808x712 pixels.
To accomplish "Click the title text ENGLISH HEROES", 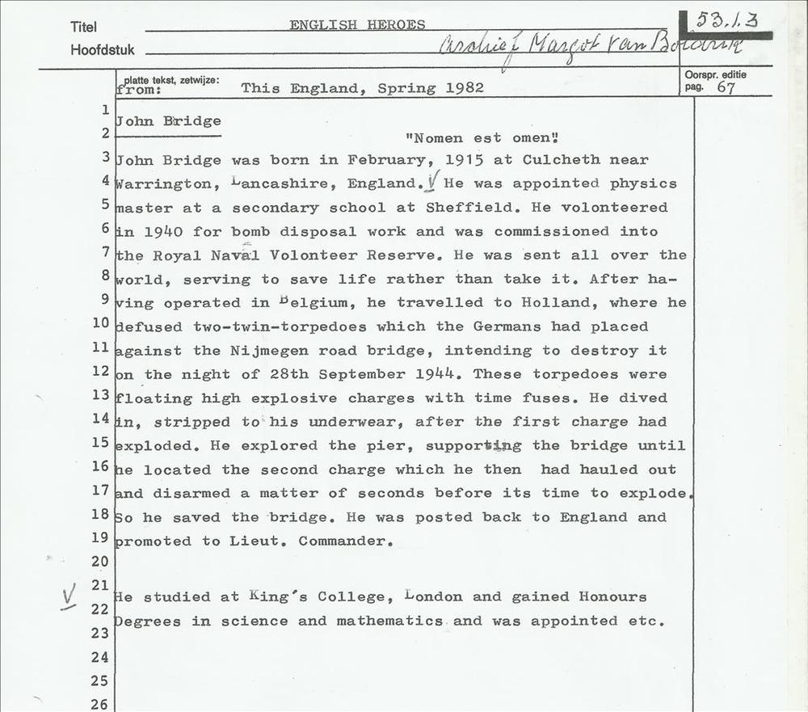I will pyautogui.click(x=357, y=25).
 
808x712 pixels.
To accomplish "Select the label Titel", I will pyautogui.click(x=83, y=27).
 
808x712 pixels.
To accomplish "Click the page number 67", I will pyautogui.click(x=726, y=88).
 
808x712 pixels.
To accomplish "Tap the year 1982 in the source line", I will pyautogui.click(x=465, y=88).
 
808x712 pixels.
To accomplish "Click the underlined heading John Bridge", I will pyautogui.click(x=168, y=121).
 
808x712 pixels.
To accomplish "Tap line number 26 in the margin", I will pyautogui.click(x=99, y=704).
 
